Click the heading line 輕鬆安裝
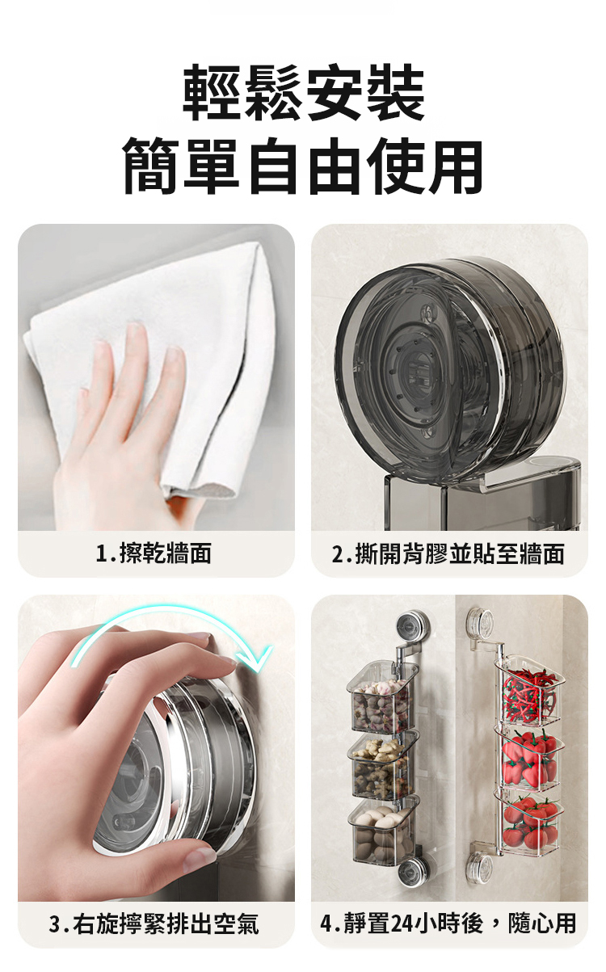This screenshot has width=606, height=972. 303,92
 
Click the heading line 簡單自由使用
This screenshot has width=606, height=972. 303,166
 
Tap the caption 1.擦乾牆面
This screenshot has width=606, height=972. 154,553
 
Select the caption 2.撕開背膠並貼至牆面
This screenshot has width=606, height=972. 448,554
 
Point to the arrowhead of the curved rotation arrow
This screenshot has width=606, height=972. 259,659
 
